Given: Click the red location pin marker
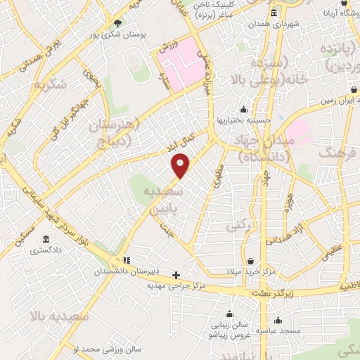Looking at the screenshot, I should point(181,165).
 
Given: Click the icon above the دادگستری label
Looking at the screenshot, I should point(46,239).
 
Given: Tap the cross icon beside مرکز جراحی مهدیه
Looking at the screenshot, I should point(176,275).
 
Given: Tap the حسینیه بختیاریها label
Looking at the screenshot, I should point(243,120).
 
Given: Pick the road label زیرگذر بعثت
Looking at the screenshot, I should point(258,290).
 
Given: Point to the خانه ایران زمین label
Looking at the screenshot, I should point(336,101).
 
